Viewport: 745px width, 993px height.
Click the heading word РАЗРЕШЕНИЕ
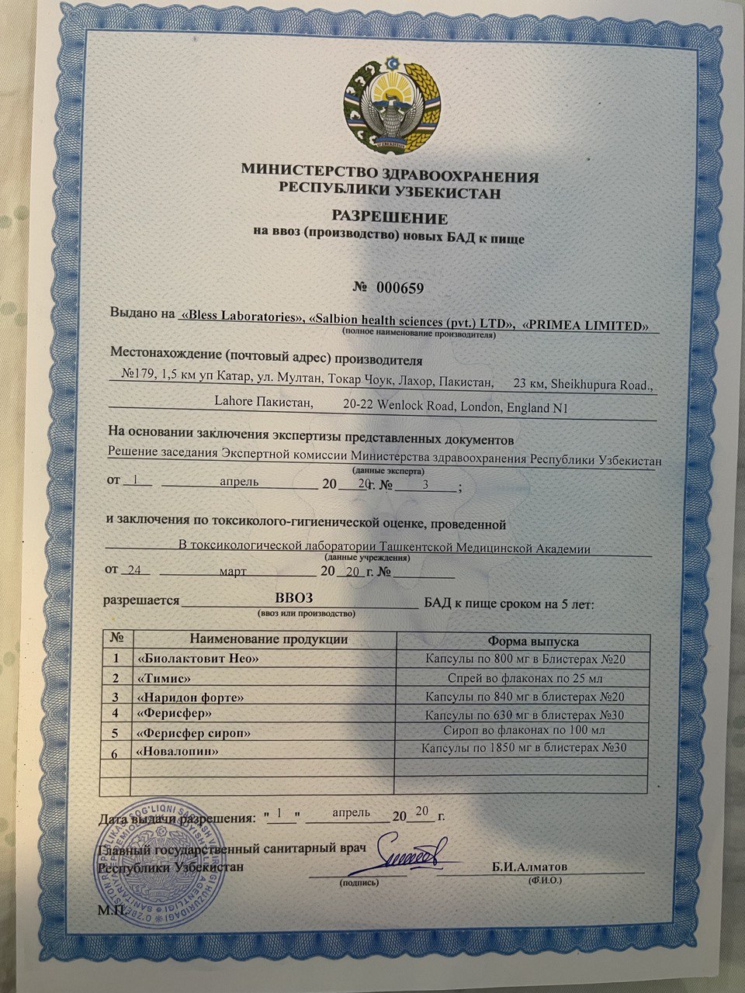pyautogui.click(x=390, y=217)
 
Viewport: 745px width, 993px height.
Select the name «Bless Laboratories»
pyautogui.click(x=241, y=316)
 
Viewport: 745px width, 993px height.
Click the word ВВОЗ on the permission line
pyautogui.click(x=296, y=597)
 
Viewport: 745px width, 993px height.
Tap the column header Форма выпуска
pyautogui.click(x=533, y=642)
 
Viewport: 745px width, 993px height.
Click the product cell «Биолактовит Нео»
pyautogui.click(x=196, y=659)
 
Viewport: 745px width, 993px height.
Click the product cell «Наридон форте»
pyautogui.click(x=189, y=697)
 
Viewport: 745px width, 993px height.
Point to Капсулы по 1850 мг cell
pyautogui.click(x=523, y=749)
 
